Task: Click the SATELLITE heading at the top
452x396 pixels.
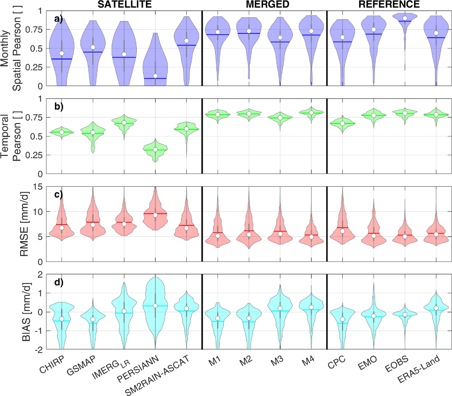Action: click(124, 5)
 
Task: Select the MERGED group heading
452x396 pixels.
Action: click(264, 5)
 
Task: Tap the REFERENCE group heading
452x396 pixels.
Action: click(389, 5)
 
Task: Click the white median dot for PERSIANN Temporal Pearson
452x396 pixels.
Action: click(155, 150)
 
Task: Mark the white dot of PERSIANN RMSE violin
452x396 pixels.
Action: click(155, 215)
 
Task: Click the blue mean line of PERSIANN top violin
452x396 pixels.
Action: click(155, 78)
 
